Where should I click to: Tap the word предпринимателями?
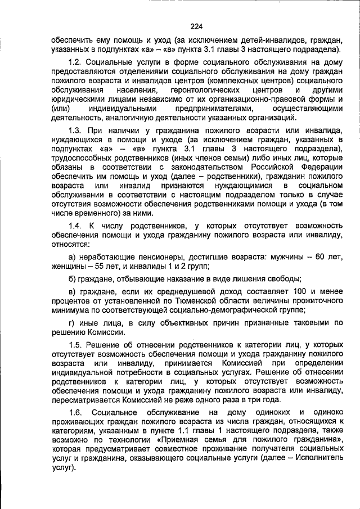coord(217,108)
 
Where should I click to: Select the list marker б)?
coord(72,279)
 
